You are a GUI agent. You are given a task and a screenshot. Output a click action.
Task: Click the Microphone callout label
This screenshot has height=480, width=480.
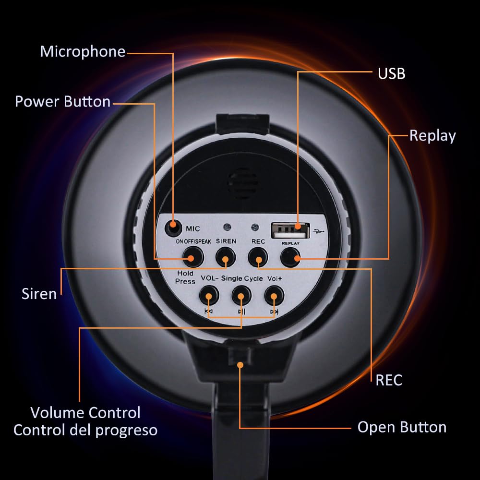point(83,51)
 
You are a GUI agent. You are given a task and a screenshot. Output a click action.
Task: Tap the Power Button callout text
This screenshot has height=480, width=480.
point(63,102)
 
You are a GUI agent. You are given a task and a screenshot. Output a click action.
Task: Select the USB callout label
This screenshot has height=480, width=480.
point(391,73)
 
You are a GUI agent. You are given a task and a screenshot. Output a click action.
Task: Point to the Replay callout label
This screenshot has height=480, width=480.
point(432,136)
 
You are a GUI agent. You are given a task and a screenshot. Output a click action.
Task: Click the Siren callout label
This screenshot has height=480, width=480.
point(39,294)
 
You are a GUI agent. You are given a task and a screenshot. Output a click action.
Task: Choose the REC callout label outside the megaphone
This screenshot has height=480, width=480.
point(389,380)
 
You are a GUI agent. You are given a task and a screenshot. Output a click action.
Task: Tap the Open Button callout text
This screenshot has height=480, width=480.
point(402,427)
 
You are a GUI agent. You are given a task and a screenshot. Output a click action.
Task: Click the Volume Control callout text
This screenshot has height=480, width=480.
point(85,412)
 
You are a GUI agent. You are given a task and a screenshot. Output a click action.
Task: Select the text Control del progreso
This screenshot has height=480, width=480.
point(85,430)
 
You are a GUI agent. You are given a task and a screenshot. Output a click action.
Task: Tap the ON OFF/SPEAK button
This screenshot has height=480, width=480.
point(192,258)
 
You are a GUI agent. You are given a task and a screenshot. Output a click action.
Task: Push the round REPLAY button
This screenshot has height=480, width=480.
point(291,258)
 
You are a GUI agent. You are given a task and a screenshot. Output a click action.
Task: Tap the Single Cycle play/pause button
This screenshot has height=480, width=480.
point(241,295)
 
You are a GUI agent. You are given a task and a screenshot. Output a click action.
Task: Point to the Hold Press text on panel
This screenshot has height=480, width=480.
point(185,277)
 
